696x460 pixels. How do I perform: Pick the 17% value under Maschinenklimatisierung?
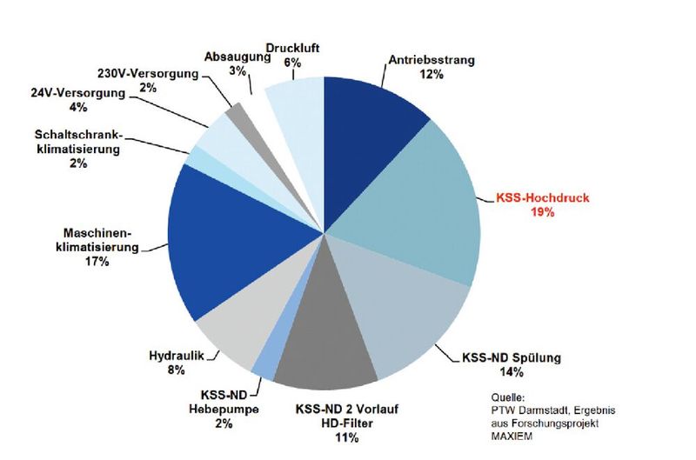click(97, 262)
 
